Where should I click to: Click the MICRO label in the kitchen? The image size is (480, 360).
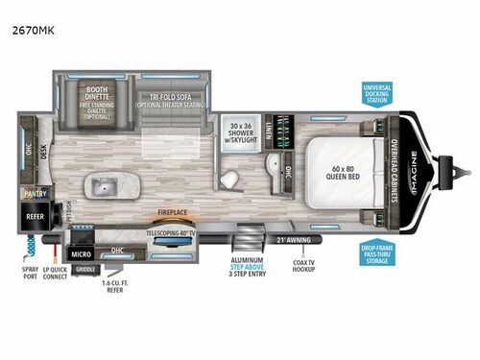point(80,254)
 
